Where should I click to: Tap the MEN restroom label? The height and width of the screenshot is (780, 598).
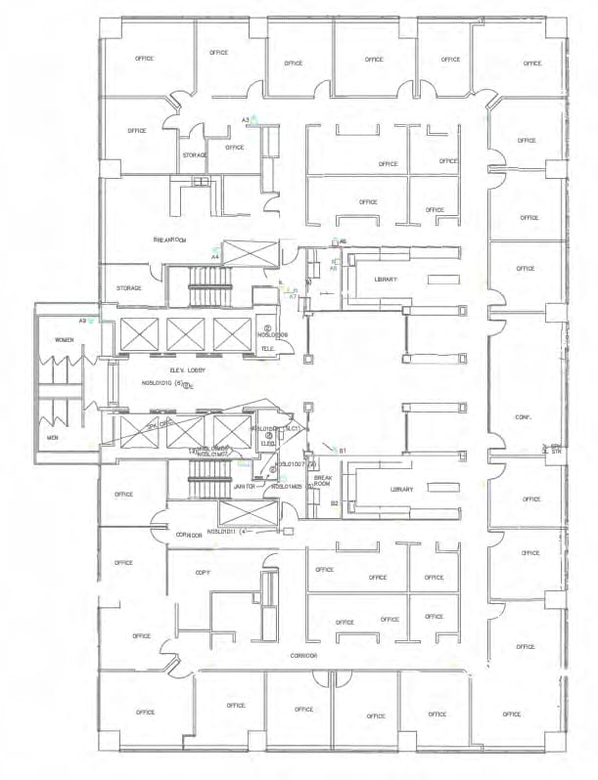point(53,438)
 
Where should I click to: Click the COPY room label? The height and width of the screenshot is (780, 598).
point(203,572)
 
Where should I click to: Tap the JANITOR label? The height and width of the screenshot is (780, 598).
point(245,486)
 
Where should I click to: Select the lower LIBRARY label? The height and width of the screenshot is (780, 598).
point(373,490)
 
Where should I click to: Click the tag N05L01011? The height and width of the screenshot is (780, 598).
point(203,533)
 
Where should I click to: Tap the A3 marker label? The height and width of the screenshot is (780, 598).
point(247,119)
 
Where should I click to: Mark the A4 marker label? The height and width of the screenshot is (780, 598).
point(215,255)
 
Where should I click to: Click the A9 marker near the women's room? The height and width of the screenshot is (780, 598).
point(84,320)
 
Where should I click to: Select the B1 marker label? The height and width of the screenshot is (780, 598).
point(343,450)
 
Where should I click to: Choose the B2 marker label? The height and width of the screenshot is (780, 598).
point(334,503)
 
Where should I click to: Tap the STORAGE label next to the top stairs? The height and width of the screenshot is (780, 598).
point(129,288)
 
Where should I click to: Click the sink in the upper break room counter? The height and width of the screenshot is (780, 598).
point(201,182)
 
